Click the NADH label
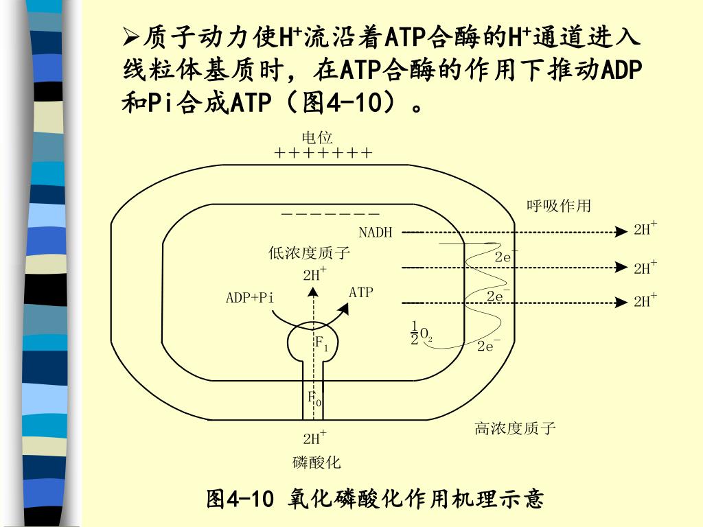pos(376,233)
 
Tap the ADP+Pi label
pos(250,297)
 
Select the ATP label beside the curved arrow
pos(361,292)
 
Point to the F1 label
pos(321,343)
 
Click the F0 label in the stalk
pos(314,398)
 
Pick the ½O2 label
pos(421,333)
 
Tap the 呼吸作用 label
pos(558,206)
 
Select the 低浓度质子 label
pos(310,253)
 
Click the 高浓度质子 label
pos(515,429)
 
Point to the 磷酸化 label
pos(316,462)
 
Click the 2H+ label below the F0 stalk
pos(314,438)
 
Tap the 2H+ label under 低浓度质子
pos(314,274)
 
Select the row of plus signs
pos(323,153)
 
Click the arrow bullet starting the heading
pos(131,35)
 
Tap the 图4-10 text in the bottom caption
pos(240,499)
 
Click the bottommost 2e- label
pos(489,346)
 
